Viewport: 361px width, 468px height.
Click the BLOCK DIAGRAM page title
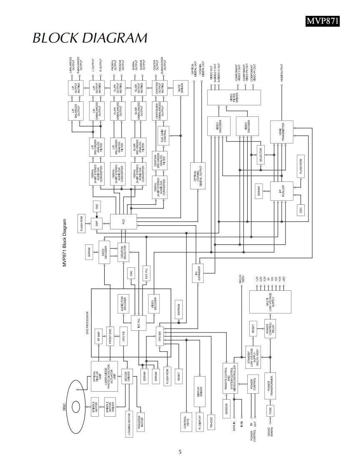[x=90, y=38]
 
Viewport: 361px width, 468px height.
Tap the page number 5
[x=180, y=452]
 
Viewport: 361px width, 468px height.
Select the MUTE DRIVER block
[x=181, y=88]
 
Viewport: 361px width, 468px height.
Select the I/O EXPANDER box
[x=198, y=273]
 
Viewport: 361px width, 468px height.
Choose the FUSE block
[x=270, y=411]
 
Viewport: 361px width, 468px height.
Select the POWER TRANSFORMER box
[x=270, y=385]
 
